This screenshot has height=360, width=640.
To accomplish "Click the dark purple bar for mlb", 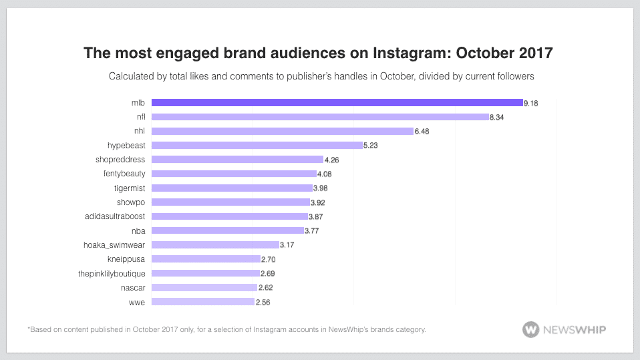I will [337, 102].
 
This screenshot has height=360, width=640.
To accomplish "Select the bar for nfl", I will [320, 117].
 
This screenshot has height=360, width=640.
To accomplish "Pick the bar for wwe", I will [203, 302].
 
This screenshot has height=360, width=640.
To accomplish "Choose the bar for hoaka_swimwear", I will [215, 244].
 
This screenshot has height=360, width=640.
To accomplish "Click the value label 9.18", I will [531, 103].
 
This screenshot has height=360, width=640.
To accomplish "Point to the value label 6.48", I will [422, 132].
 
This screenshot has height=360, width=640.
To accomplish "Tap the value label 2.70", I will [268, 259].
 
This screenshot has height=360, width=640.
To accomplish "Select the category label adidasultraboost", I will [115, 216].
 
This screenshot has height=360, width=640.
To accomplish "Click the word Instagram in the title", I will [405, 53].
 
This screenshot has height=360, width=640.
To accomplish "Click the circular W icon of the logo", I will [531, 329].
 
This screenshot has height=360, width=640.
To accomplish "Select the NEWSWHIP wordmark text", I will [574, 329].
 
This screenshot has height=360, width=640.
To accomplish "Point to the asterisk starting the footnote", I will [29, 328].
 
